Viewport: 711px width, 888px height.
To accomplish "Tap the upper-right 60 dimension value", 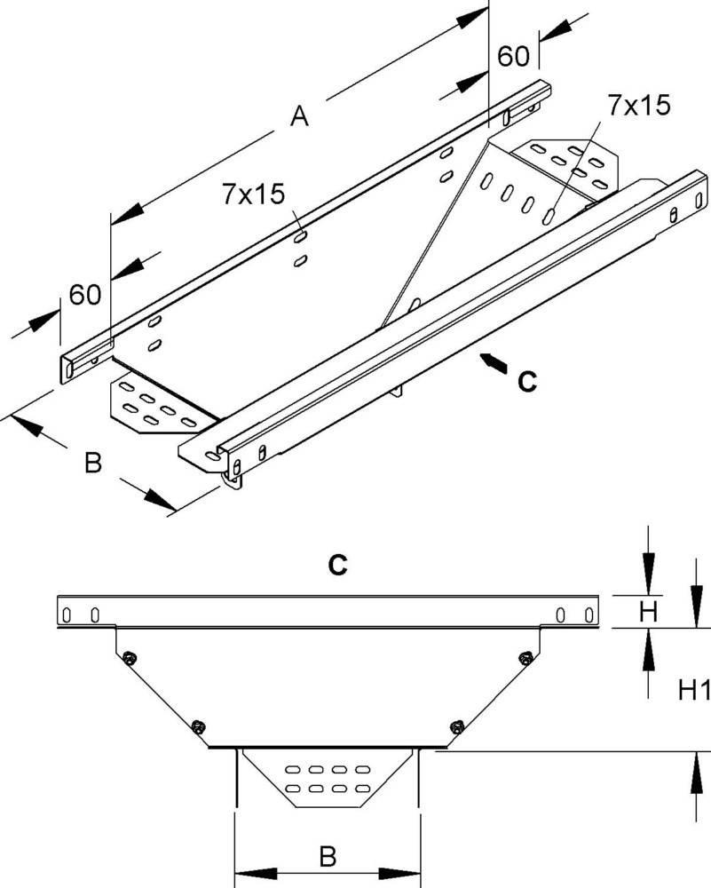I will pyautogui.click(x=513, y=56).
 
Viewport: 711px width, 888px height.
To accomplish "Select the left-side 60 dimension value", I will pyautogui.click(x=85, y=293).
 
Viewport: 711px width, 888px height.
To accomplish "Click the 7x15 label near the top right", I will pyautogui.click(x=638, y=106).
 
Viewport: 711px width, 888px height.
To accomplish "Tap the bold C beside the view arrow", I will pyautogui.click(x=526, y=382).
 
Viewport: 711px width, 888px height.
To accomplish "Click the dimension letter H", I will pyautogui.click(x=648, y=611).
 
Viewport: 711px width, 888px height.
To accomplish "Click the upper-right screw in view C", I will pyautogui.click(x=525, y=657).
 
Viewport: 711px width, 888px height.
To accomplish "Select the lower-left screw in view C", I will pyautogui.click(x=197, y=724).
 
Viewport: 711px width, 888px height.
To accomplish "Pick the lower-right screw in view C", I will pyautogui.click(x=457, y=724).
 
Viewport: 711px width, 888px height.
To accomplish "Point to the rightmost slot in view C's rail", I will pyautogui.click(x=587, y=614).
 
